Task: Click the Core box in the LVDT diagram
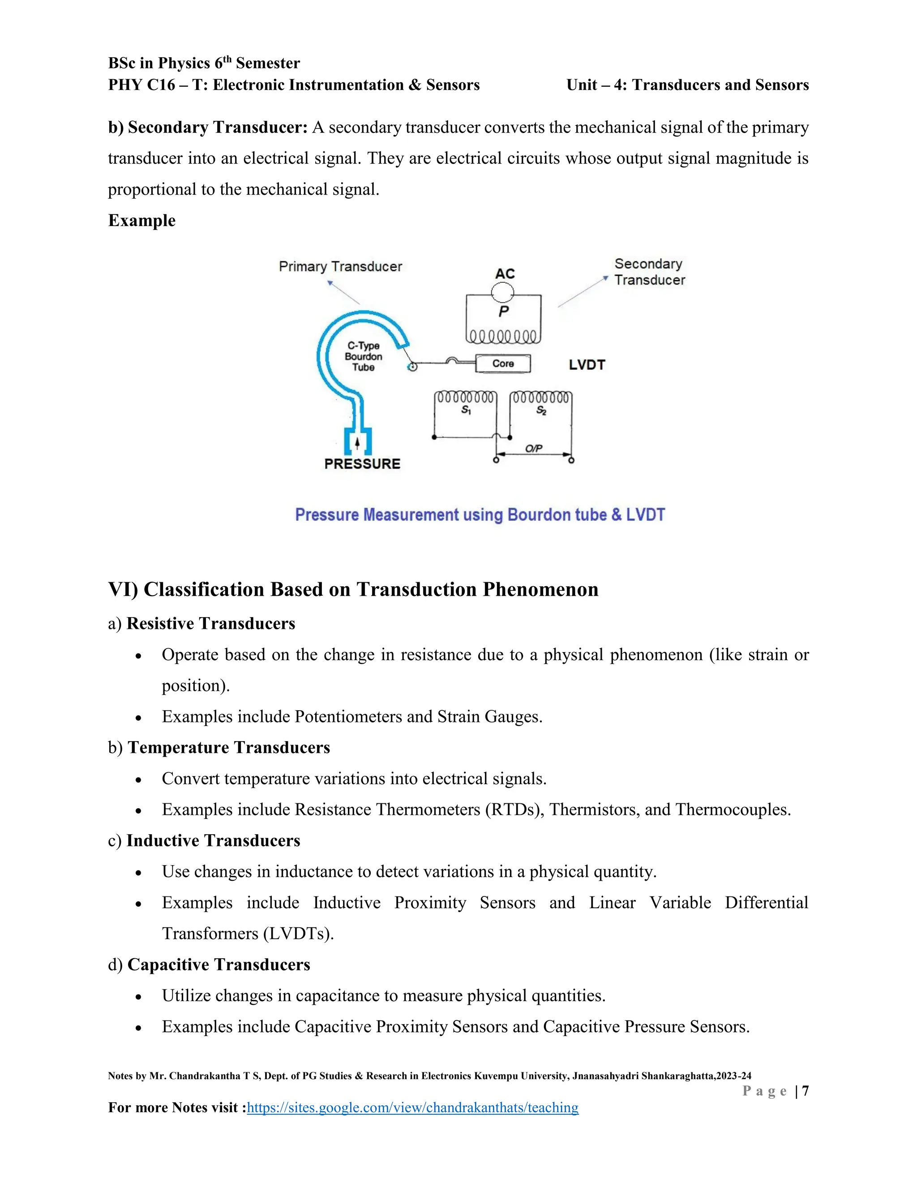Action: click(503, 364)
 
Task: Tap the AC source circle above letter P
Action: click(502, 293)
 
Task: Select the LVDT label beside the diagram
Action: click(587, 365)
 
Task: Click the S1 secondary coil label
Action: click(466, 410)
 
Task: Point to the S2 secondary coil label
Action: click(541, 410)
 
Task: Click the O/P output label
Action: click(533, 448)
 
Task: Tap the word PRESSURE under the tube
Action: click(362, 464)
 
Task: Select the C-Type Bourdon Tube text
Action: click(364, 356)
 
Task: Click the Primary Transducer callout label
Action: click(340, 267)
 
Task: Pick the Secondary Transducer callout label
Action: click(649, 272)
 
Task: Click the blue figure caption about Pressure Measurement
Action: click(480, 514)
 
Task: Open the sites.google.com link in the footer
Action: click(412, 1107)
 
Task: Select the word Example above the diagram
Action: click(142, 221)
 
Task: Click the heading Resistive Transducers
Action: click(211, 623)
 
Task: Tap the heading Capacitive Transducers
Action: click(219, 964)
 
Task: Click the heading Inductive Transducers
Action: click(213, 840)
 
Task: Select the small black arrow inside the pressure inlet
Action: click(357, 444)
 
